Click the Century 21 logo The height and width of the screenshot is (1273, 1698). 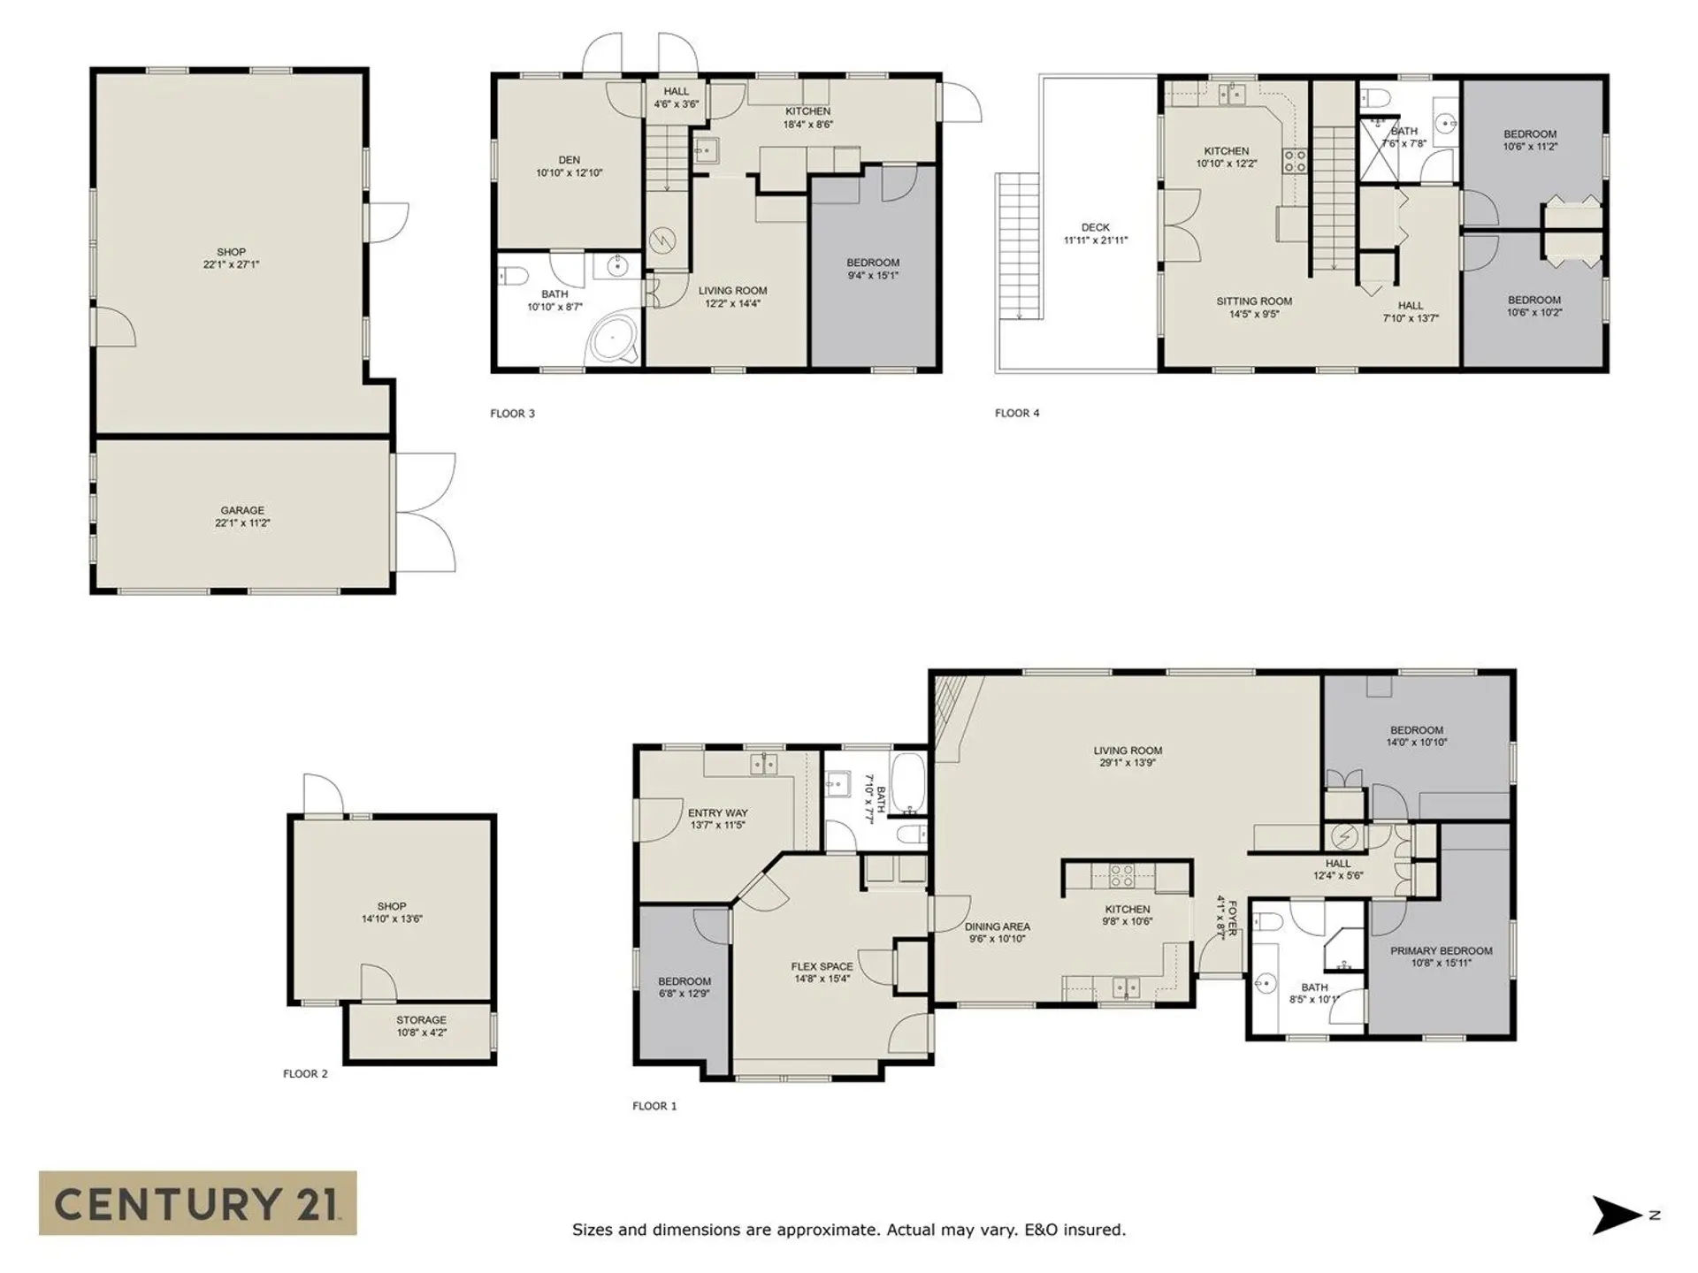pyautogui.click(x=197, y=1203)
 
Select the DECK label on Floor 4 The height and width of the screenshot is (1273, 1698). pyautogui.click(x=1095, y=228)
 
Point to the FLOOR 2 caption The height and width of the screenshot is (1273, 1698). pyautogui.click(x=305, y=1074)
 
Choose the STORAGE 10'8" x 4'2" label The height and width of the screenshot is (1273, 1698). pyautogui.click(x=421, y=1025)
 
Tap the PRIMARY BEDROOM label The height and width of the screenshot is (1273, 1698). pyautogui.click(x=1441, y=951)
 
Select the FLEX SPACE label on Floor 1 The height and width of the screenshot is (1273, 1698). pyautogui.click(x=822, y=967)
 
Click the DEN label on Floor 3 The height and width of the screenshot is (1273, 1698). pyautogui.click(x=569, y=161)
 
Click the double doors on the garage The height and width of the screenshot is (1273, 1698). pyautogui.click(x=424, y=512)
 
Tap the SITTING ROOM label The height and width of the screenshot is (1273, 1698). pyautogui.click(x=1253, y=301)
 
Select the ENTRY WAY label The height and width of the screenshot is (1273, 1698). pyautogui.click(x=717, y=813)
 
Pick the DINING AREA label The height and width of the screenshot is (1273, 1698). pyautogui.click(x=997, y=927)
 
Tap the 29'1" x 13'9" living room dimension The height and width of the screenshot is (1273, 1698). pyautogui.click(x=1128, y=763)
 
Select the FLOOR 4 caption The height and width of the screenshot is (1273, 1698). pyautogui.click(x=1017, y=413)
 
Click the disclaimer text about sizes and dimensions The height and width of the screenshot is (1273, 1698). pyautogui.click(x=848, y=1230)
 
